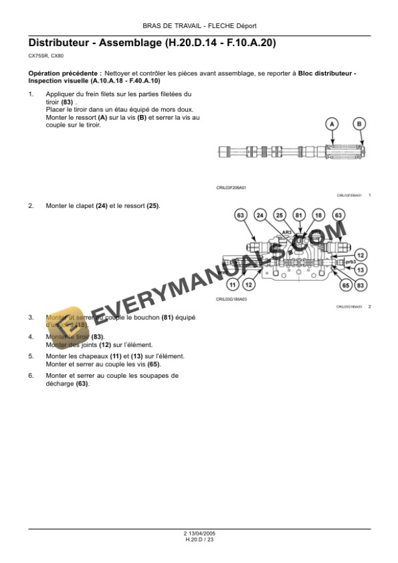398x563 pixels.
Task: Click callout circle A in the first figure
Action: click(332, 124)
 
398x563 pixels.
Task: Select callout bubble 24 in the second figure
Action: click(259, 215)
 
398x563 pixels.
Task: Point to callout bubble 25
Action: click(279, 215)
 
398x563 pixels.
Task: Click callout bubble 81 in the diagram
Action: click(299, 215)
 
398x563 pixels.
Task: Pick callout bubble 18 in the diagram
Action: click(319, 215)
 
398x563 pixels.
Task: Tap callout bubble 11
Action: click(232, 284)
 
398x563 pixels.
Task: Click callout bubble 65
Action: click(345, 284)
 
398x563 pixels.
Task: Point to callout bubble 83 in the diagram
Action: click(362, 284)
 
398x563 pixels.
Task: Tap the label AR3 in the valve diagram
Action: click(287, 232)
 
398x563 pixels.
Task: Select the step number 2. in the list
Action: click(31, 206)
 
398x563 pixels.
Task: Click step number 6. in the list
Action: click(31, 376)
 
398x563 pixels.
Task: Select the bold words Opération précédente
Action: click(65, 75)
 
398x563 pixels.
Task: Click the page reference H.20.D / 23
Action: click(199, 540)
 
